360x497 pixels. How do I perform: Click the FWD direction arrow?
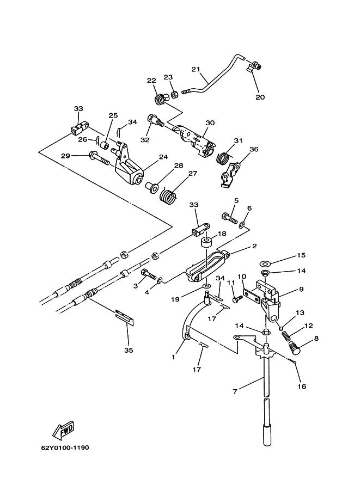point(63,430)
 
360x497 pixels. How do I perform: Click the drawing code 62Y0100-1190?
point(65,448)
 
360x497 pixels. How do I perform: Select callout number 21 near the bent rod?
point(196,69)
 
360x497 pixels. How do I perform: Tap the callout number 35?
point(129,350)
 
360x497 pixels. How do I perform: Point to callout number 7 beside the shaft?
point(235,391)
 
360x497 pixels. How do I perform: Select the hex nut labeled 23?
point(174,94)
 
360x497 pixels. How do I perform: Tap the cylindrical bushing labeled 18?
point(206,245)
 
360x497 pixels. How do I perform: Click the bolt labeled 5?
point(229,218)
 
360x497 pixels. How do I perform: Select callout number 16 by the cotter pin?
point(302,386)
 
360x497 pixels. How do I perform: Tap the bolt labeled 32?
point(155,120)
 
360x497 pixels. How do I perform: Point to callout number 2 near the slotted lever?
point(254,246)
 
